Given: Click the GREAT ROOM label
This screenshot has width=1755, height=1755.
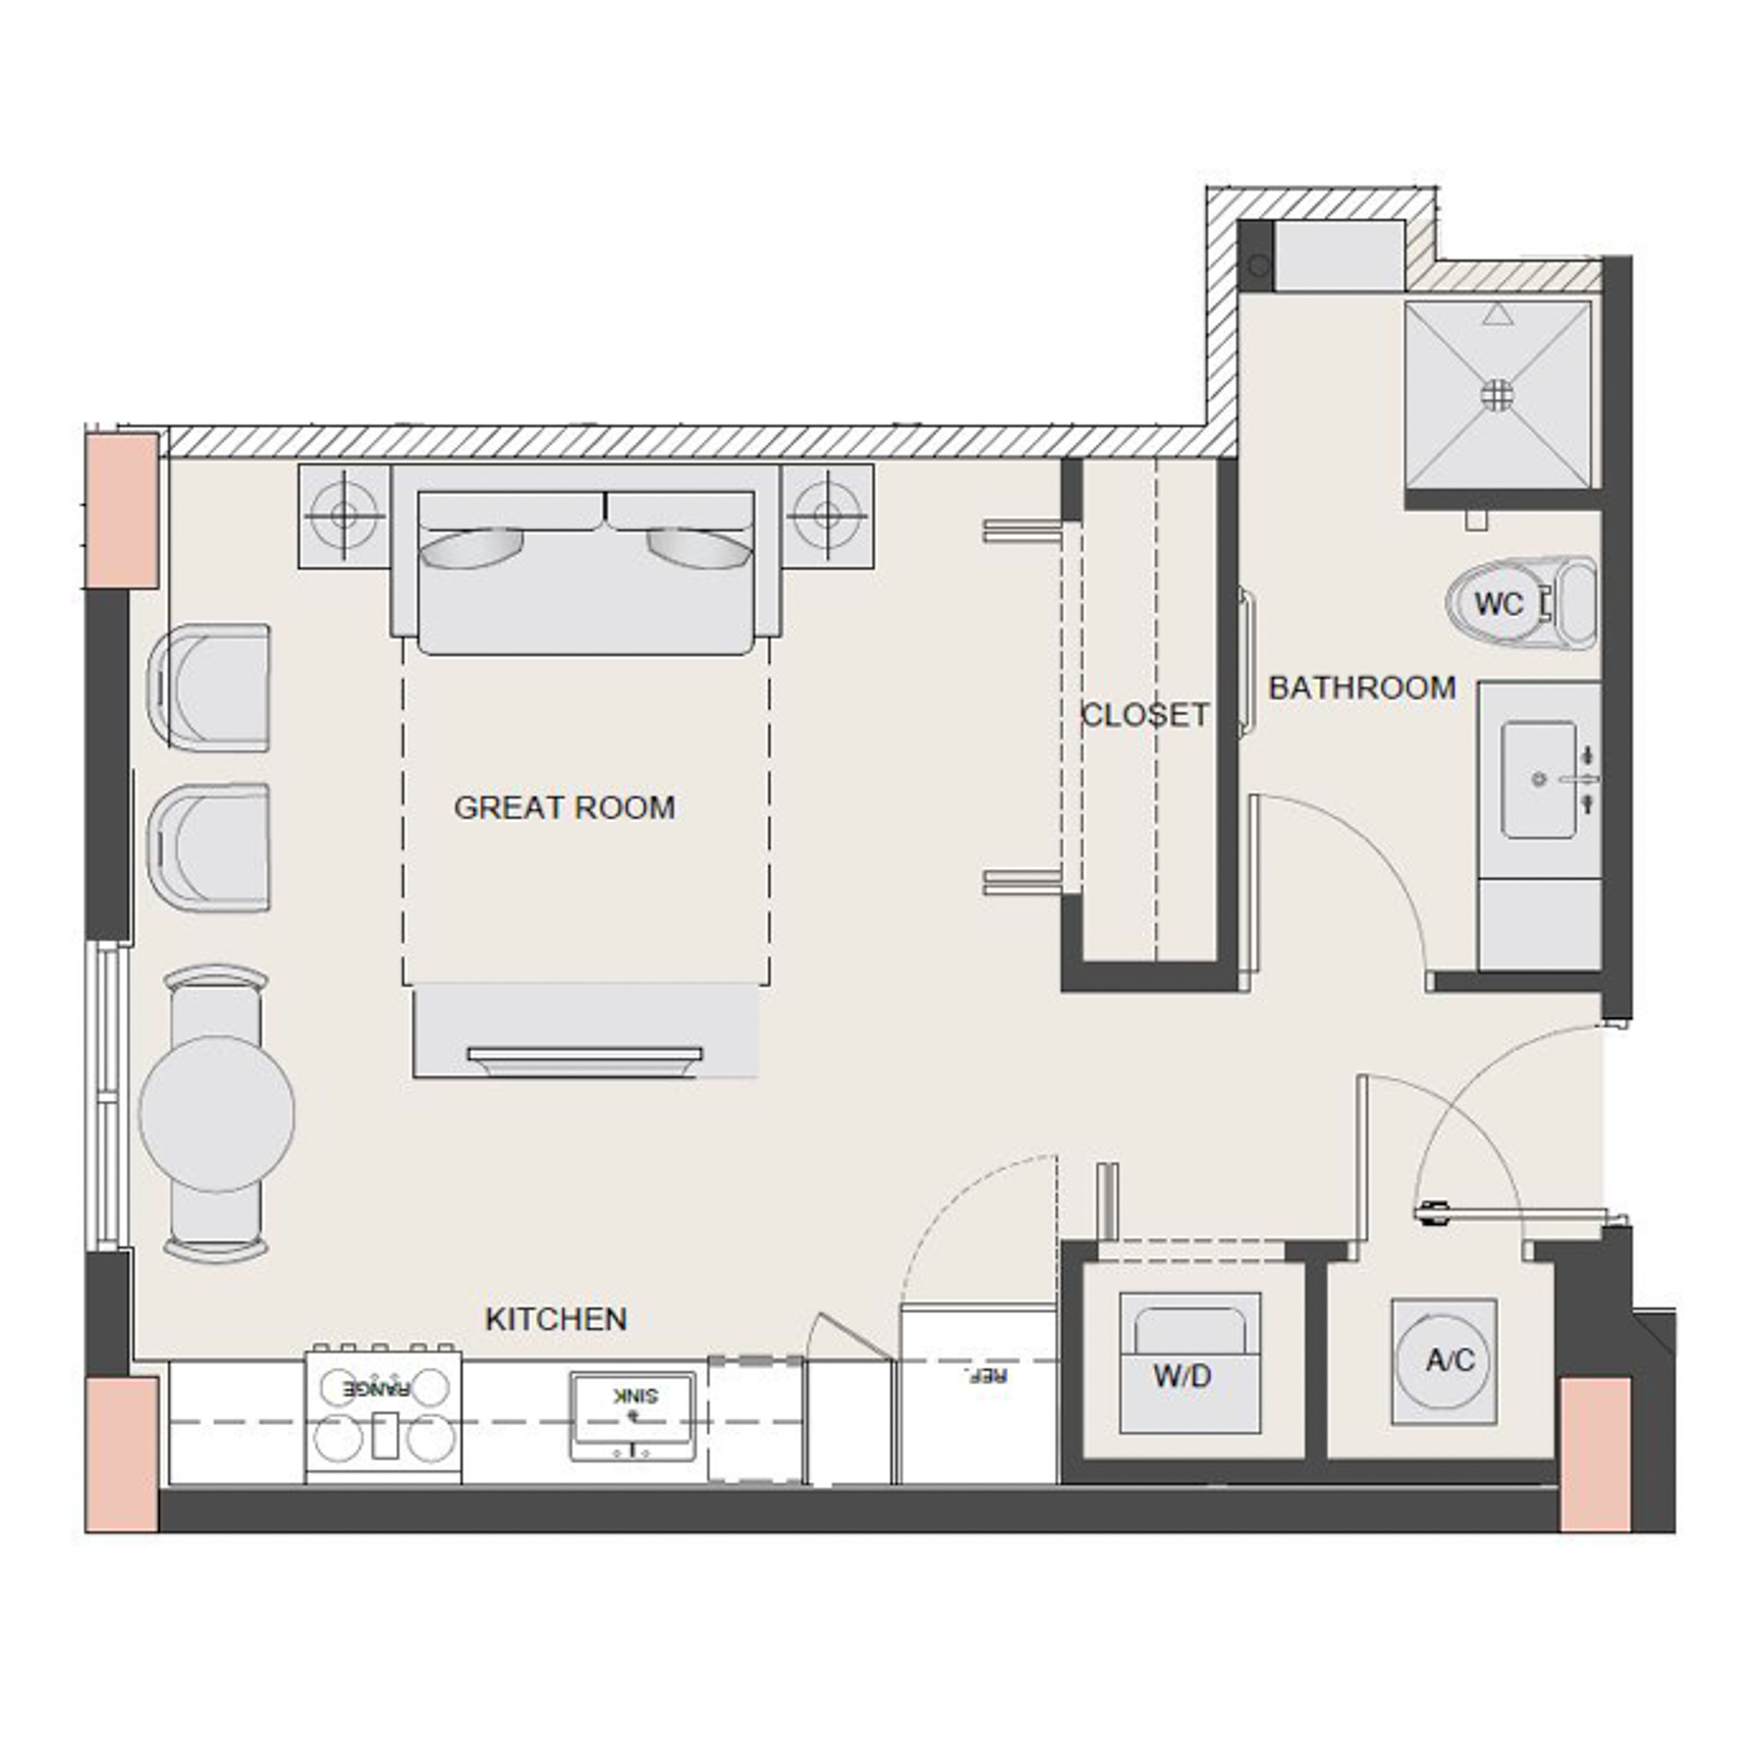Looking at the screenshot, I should [564, 807].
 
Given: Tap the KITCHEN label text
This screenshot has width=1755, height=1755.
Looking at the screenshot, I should [555, 1319].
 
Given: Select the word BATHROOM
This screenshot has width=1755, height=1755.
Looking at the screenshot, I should [1361, 688].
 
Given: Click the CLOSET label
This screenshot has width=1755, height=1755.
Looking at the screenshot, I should [1145, 715].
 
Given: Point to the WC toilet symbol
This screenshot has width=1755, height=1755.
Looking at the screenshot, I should [1499, 604].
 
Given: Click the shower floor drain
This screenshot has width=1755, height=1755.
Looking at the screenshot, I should [1497, 394].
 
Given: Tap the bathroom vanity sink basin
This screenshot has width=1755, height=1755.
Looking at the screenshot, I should [1540, 779].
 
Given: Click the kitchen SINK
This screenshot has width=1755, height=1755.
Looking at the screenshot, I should [633, 1410].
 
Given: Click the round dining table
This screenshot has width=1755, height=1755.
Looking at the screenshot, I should [216, 1113].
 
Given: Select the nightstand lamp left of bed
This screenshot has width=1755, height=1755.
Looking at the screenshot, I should [343, 516].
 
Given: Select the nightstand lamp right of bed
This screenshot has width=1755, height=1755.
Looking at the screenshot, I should [827, 516].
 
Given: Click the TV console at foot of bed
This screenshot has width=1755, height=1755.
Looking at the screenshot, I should [585, 1032].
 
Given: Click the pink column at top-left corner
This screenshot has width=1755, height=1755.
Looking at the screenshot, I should [122, 510].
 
